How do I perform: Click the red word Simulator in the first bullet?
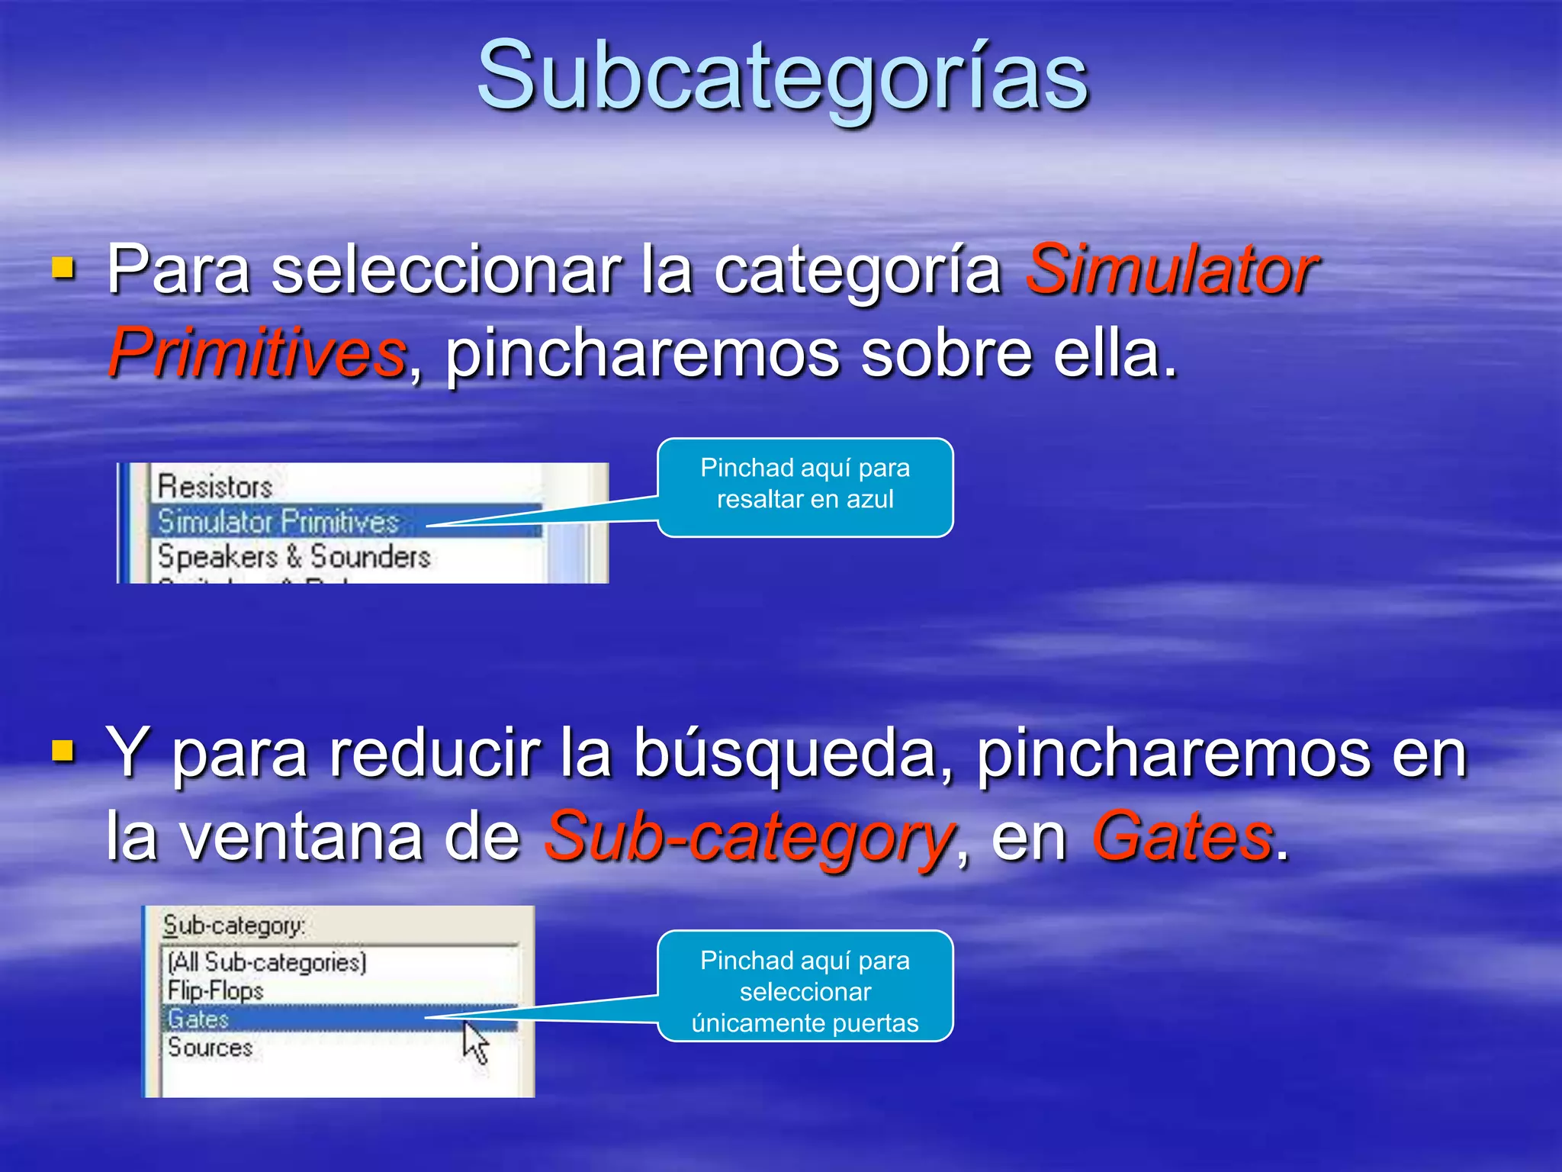pos(1171,269)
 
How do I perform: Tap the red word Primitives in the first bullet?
pos(257,353)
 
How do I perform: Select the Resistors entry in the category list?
pos(215,487)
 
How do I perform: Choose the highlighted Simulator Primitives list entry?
pos(278,522)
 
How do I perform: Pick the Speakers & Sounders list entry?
pos(294,557)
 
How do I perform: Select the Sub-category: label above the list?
pos(233,926)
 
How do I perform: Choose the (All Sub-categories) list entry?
pos(267,962)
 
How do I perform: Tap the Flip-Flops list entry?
pos(216,991)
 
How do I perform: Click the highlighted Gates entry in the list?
pos(198,1019)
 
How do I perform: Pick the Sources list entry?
pos(211,1048)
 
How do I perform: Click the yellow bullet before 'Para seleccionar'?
pos(63,269)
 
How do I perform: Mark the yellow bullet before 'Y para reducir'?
pos(63,752)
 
